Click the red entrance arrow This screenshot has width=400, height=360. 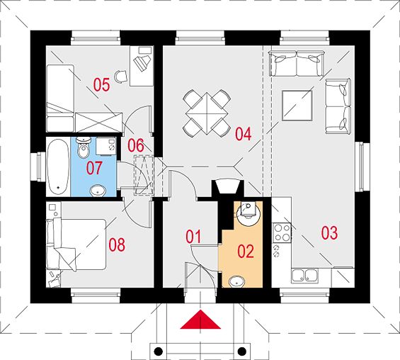coord(200,320)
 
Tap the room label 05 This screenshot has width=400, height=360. coord(101,85)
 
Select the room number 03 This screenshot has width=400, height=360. coord(330,233)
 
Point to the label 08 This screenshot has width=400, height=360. coord(117,244)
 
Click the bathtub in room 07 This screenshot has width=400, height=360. coord(58,167)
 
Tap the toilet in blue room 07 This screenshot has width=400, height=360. coord(84,147)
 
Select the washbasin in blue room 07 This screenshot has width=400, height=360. coord(98,191)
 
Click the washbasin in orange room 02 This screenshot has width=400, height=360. coord(236,282)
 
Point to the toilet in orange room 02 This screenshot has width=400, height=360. coord(246,213)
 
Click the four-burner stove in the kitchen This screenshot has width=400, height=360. coord(282,232)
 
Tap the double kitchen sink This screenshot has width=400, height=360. coord(305,276)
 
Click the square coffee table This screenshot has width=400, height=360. coord(297,105)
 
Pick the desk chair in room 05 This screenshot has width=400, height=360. coord(120,77)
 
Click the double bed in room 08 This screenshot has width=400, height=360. coord(76,244)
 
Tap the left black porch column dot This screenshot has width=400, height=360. coord(159,351)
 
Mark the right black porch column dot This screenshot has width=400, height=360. coord(242,351)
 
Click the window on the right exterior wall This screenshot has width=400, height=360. coord(362,167)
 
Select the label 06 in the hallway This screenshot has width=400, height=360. coord(136,145)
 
